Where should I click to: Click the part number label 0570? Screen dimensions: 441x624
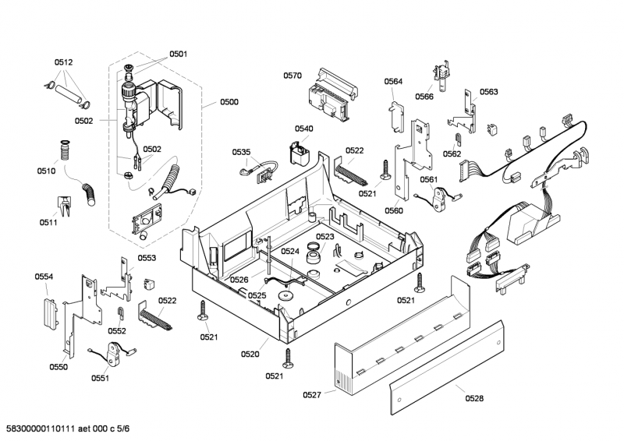tap(292, 76)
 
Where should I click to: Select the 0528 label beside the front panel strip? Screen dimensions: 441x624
tap(474, 398)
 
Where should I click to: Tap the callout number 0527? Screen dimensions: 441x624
tap(312, 396)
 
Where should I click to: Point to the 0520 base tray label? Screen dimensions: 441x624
tap(250, 355)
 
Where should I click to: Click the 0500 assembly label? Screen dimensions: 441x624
tap(229, 102)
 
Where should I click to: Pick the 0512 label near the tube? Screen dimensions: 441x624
tap(63, 62)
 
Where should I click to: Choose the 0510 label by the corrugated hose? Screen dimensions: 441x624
tap(46, 171)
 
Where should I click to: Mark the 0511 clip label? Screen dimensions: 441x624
tap(49, 222)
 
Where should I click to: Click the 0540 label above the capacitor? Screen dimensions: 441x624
tap(304, 129)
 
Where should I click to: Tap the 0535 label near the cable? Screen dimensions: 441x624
tap(242, 153)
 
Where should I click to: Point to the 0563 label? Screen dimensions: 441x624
tap(489, 92)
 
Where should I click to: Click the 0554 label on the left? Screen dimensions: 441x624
tap(44, 277)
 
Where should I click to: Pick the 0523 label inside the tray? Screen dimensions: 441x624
tap(325, 236)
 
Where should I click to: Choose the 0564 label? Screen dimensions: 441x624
tap(393, 82)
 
